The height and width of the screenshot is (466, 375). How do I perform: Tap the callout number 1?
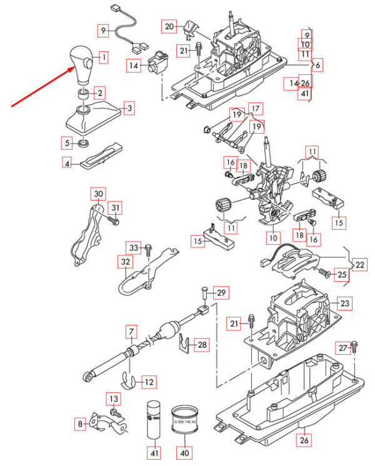(x=103, y=58)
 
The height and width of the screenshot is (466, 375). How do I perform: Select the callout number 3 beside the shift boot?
(x=128, y=109)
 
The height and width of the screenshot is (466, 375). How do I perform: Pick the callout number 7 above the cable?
(x=131, y=330)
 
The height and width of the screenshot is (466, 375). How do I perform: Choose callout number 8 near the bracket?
(x=81, y=425)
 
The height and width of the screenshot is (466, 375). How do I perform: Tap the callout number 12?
(x=148, y=381)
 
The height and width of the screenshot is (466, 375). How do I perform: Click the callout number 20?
(x=169, y=26)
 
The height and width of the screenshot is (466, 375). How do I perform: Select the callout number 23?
(x=345, y=303)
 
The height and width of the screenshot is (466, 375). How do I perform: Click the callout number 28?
(x=201, y=344)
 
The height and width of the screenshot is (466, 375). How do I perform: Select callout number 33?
(x=133, y=247)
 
